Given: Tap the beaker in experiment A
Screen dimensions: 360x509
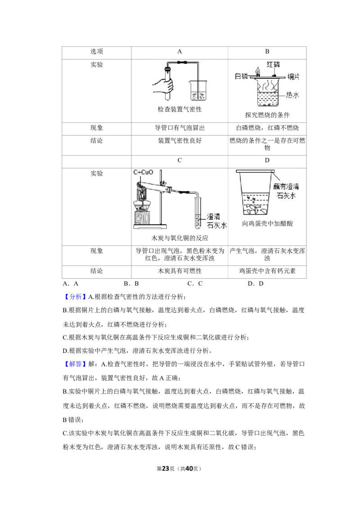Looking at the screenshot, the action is [198, 90].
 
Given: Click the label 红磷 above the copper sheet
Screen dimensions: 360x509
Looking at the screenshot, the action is [274, 64].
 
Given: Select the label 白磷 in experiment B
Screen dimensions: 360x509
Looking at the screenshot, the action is [241, 76].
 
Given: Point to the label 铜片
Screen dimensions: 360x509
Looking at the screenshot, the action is [293, 76].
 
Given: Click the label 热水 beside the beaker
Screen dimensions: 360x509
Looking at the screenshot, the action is [292, 95].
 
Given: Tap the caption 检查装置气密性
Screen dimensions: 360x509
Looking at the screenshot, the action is [180, 109].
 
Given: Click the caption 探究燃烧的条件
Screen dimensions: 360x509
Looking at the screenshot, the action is [267, 115].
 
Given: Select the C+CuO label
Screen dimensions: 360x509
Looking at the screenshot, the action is [143, 172].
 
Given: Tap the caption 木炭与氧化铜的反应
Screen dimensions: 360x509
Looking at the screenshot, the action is [180, 238].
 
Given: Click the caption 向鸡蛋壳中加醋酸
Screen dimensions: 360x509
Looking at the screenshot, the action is [267, 223].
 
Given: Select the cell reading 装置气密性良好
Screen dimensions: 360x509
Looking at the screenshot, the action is [180, 141].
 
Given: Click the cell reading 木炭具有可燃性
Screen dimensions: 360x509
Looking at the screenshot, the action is [180, 271].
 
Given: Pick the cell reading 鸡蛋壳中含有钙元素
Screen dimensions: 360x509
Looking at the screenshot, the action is [267, 271].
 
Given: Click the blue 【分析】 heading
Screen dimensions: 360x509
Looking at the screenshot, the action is [74, 297].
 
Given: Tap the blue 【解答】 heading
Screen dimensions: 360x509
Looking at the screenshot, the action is [74, 364].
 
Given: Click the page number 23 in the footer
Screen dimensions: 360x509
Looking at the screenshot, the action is [166, 469].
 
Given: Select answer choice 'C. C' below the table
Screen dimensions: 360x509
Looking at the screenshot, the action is [195, 284].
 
